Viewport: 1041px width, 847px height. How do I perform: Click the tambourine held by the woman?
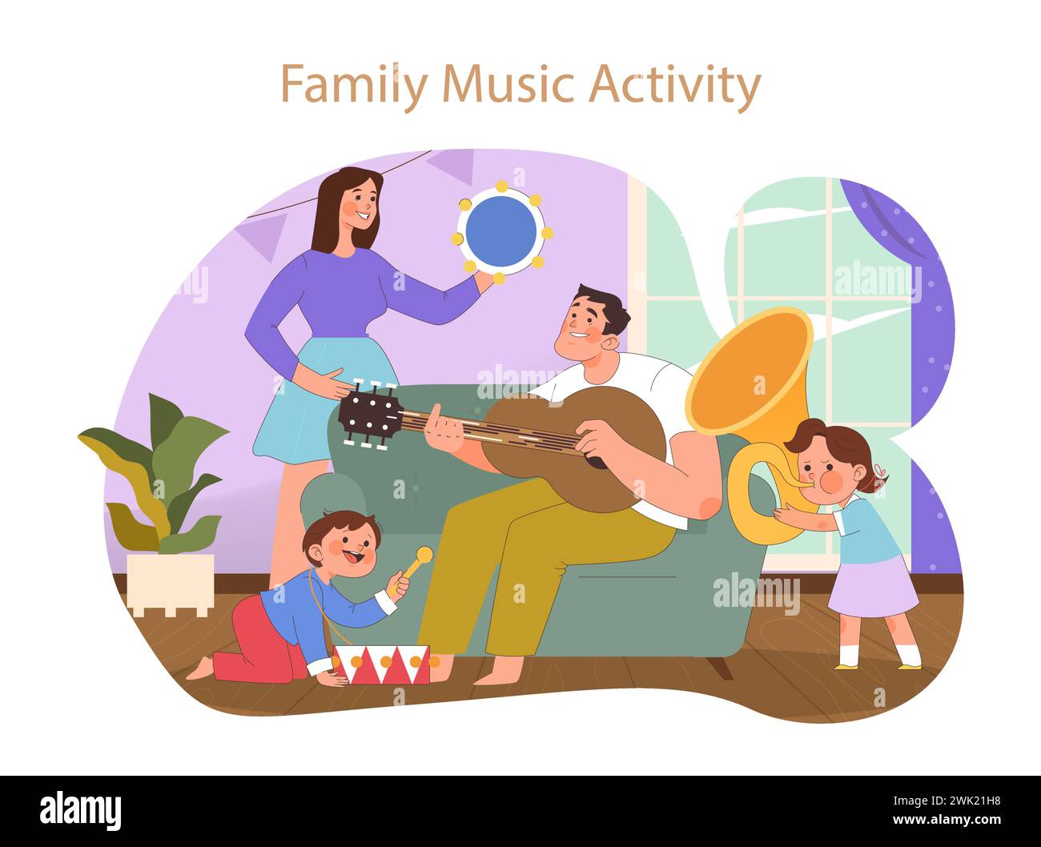pos(501,232)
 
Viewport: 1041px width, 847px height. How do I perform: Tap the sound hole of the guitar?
pos(597,452)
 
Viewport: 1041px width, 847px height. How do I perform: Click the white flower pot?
pos(170,584)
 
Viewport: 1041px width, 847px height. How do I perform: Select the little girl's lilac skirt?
pos(873,589)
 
